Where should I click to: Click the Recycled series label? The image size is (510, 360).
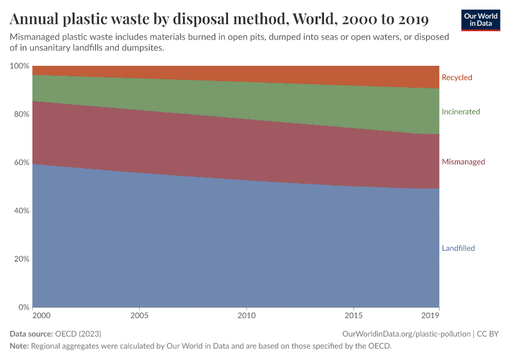(x=457, y=77)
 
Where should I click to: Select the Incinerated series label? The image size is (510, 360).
(x=461, y=112)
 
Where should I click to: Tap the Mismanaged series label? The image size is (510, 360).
(x=463, y=162)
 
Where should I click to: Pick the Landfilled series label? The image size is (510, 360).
(x=458, y=248)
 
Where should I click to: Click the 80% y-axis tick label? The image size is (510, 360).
(x=21, y=114)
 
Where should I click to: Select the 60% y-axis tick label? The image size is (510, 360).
(x=21, y=163)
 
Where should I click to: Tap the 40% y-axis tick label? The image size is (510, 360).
(x=21, y=211)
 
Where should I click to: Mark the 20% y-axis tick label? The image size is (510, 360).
(x=21, y=259)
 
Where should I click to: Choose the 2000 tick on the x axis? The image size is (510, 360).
(x=41, y=315)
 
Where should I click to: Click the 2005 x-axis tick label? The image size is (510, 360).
(x=139, y=315)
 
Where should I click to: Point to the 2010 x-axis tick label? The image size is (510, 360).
(x=247, y=315)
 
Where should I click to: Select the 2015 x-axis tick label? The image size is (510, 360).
(x=354, y=315)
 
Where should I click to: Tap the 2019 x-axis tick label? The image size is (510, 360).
(x=431, y=315)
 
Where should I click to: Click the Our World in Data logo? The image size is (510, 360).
(x=480, y=20)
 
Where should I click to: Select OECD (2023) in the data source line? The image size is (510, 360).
(x=77, y=334)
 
